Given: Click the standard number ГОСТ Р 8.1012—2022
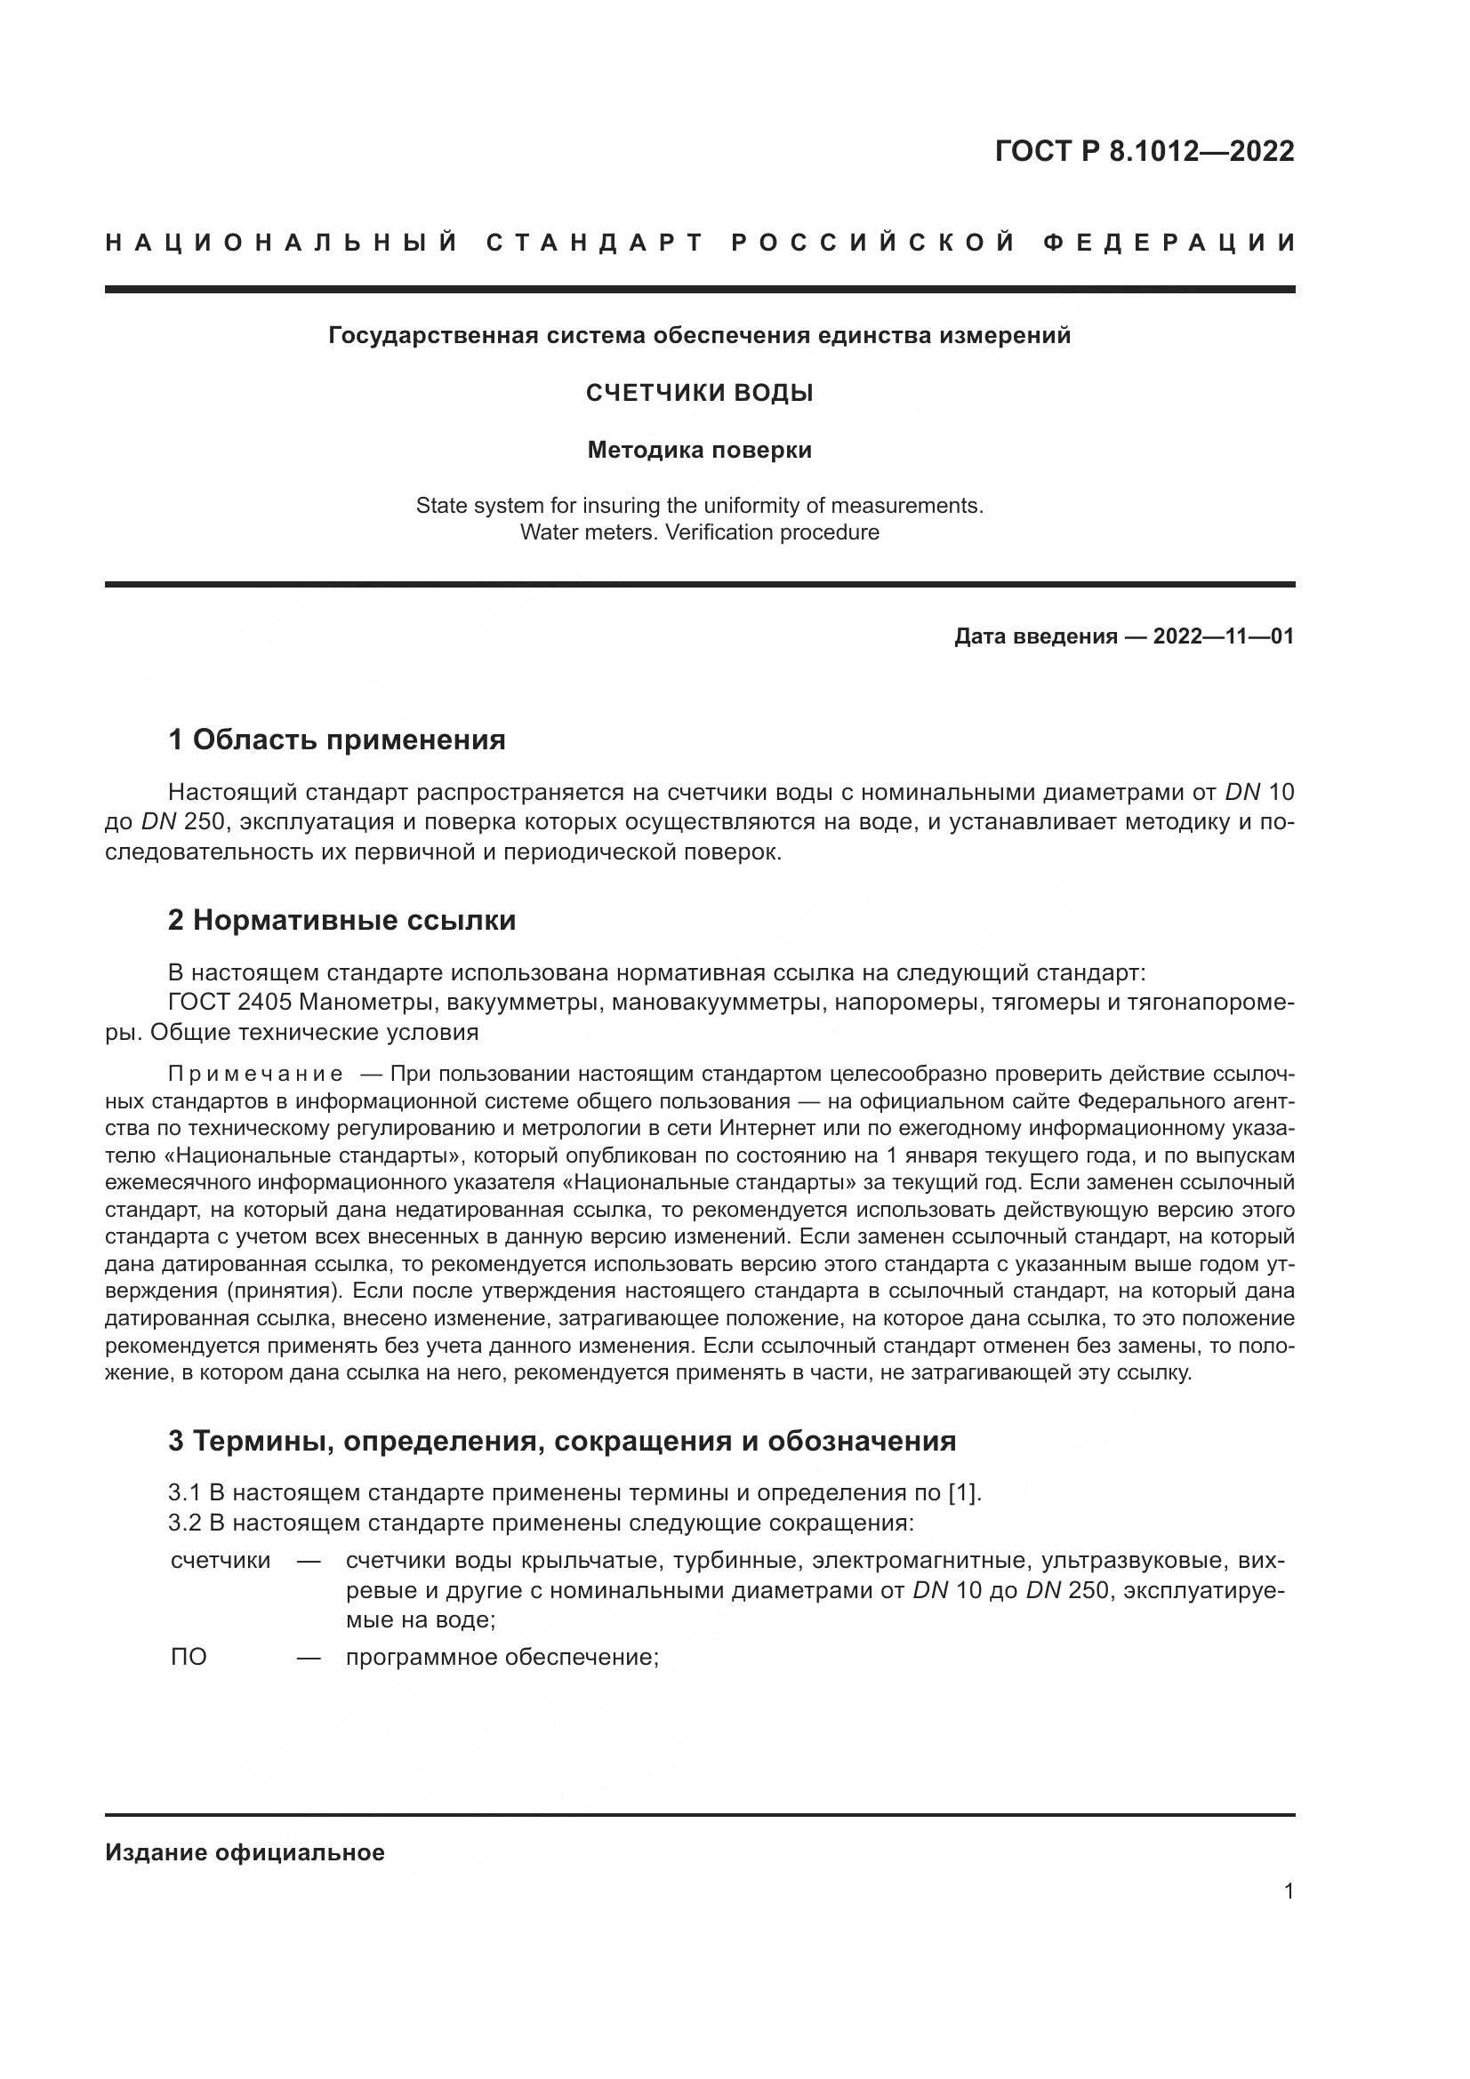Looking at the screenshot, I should tap(1144, 151).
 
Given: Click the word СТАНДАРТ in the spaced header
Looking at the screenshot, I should tap(595, 243).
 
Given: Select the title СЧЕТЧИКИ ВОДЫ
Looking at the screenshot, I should tap(699, 393).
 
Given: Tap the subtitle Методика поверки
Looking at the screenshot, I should tap(699, 450).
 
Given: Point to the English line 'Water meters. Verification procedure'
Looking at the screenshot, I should tap(699, 532).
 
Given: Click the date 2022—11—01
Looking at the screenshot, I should tap(1223, 636).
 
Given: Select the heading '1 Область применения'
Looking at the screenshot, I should tap(336, 740).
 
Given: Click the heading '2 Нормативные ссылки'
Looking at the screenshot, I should tap(341, 920).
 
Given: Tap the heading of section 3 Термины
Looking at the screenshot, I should tap(561, 1441).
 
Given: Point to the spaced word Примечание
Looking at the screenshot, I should tap(255, 1074).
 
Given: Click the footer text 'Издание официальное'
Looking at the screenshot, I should tap(245, 1852).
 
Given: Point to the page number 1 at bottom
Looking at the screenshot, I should tap(1289, 1891).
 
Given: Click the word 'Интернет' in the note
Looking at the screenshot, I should tap(762, 1128).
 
